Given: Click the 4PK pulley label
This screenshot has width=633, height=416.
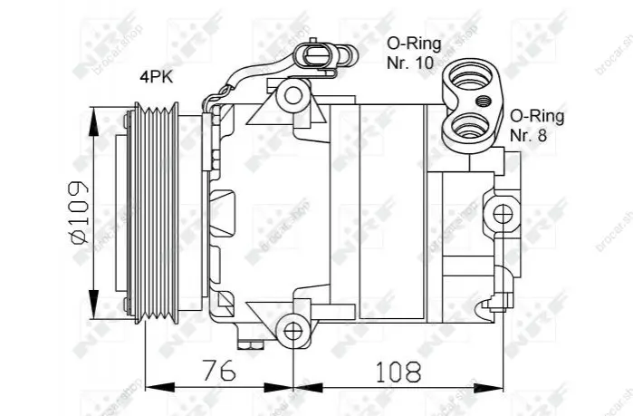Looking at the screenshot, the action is click(x=157, y=77).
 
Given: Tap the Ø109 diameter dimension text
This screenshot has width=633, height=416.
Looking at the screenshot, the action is click(x=79, y=213).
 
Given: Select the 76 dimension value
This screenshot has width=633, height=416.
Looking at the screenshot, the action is click(x=219, y=371).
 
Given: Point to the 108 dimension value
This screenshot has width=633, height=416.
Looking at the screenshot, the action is click(x=398, y=372).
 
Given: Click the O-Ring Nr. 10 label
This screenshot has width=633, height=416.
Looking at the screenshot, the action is click(x=414, y=53).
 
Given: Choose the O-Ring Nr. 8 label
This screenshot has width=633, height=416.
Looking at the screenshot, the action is click(x=537, y=125).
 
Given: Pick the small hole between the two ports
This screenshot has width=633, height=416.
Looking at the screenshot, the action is click(x=483, y=101).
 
